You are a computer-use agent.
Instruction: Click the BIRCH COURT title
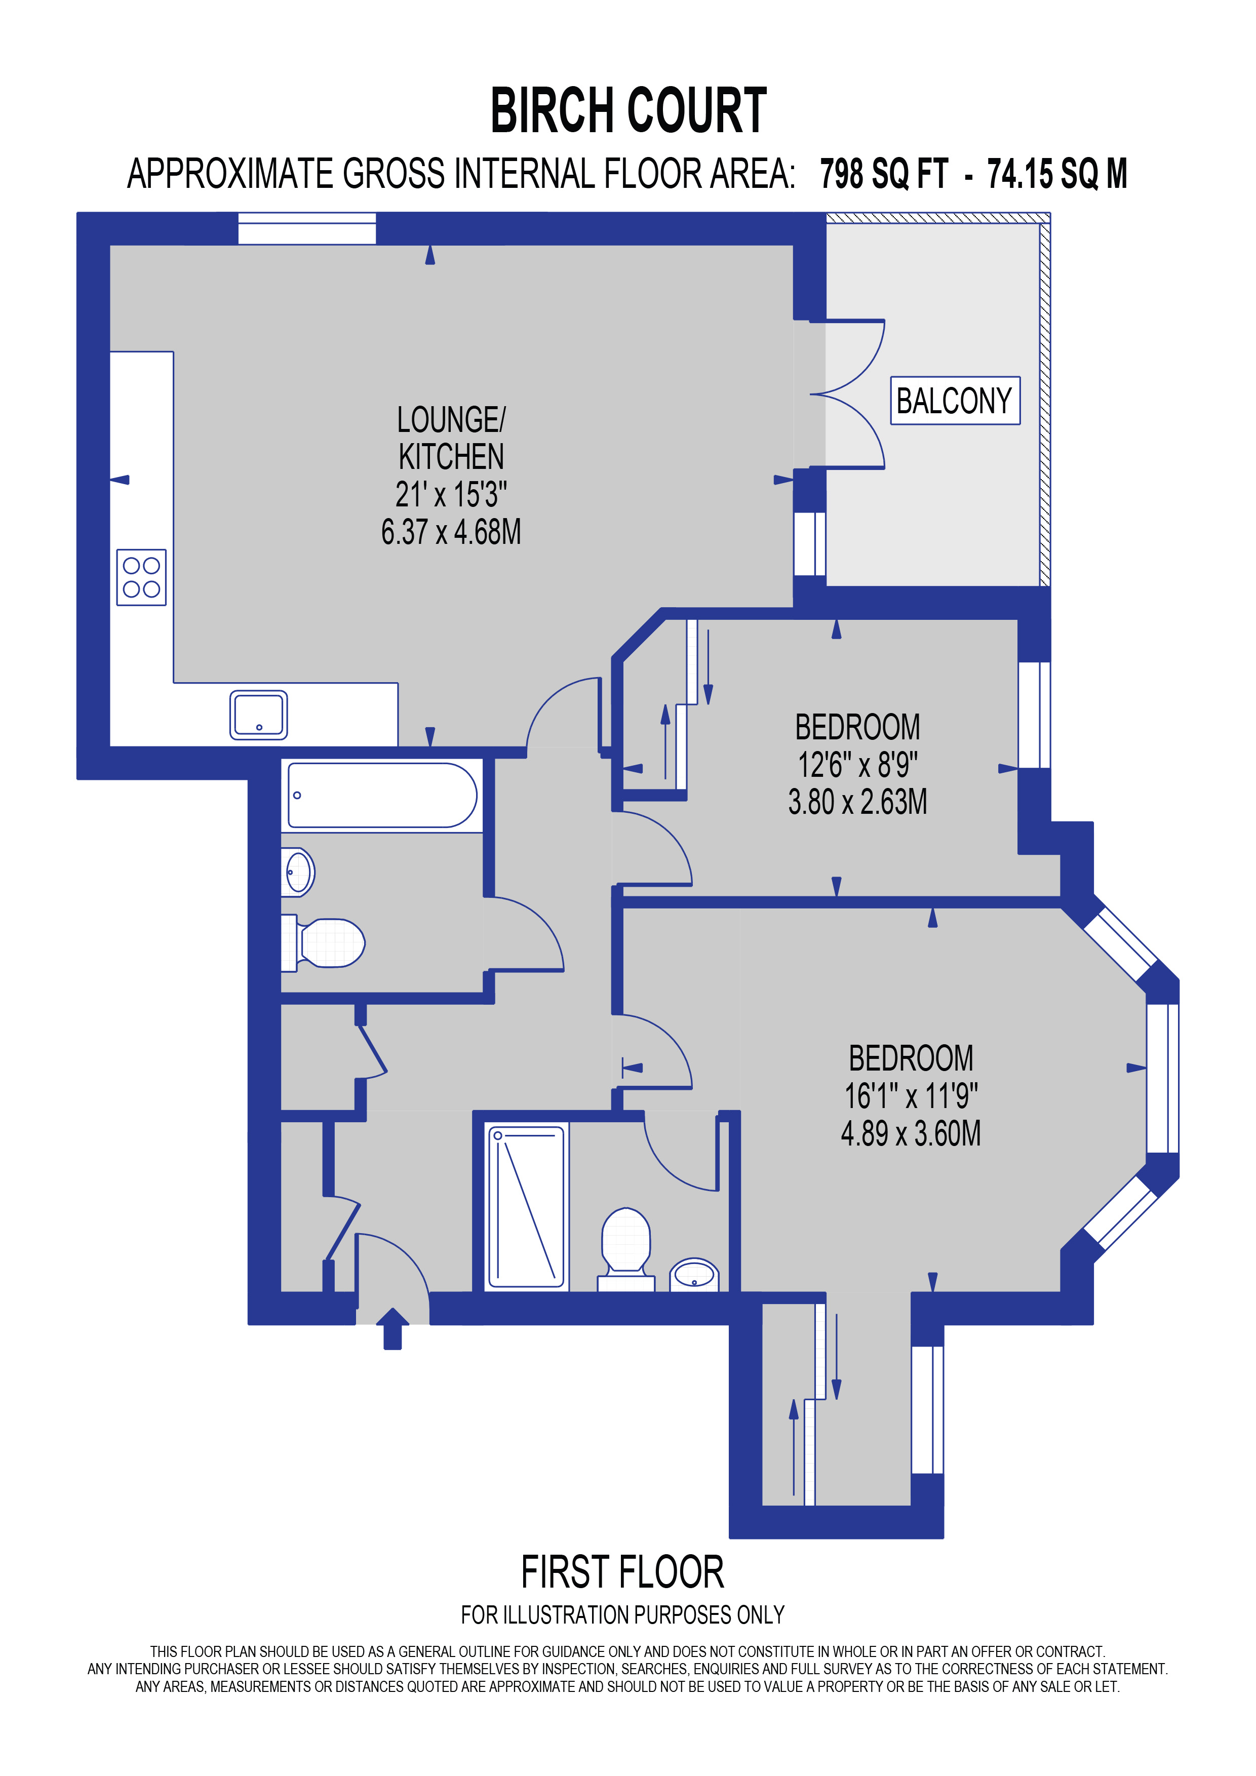(x=628, y=110)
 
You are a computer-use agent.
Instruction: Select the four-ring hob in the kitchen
(x=141, y=577)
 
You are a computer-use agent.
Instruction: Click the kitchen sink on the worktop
(x=258, y=715)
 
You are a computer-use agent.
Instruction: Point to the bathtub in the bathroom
(x=382, y=795)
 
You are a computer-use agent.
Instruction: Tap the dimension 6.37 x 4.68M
(x=451, y=532)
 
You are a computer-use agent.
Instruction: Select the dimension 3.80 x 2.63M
(x=857, y=802)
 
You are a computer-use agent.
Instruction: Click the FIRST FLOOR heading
(x=622, y=1572)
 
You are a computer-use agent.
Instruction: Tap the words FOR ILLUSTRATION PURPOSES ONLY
(x=622, y=1615)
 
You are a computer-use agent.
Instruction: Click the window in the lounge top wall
(x=306, y=229)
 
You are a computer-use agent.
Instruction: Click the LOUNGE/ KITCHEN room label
(x=451, y=438)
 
